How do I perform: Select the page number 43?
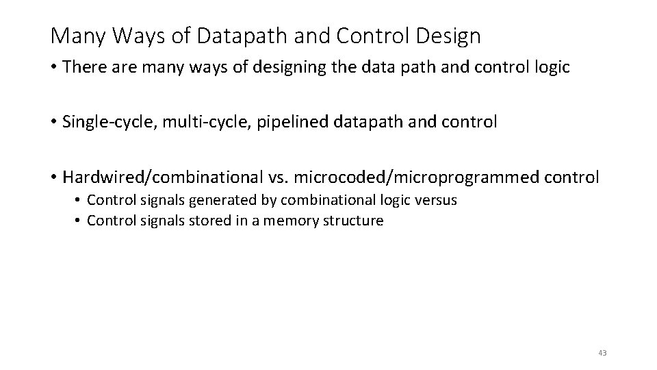tap(602, 353)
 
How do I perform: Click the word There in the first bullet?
tap(86, 67)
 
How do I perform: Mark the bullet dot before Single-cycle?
tap(54, 123)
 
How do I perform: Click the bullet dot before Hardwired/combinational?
tap(54, 177)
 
